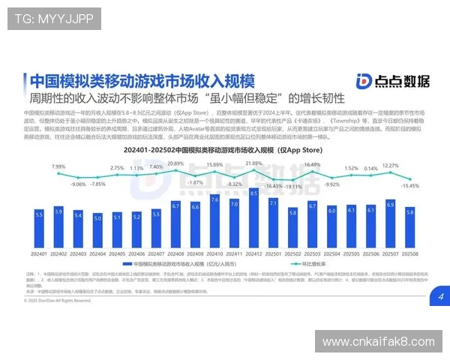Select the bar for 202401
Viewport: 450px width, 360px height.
tap(40, 229)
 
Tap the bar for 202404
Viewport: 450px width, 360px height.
tap(97, 231)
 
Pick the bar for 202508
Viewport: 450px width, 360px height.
tap(409, 228)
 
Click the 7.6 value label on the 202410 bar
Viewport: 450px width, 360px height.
tap(214, 200)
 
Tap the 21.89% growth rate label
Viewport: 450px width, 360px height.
tap(253, 163)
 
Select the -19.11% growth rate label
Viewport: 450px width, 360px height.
tap(293, 186)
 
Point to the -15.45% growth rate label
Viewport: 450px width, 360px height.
tap(409, 185)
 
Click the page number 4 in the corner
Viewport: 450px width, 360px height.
tap(440, 298)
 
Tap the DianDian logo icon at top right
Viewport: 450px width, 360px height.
tap(363, 82)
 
